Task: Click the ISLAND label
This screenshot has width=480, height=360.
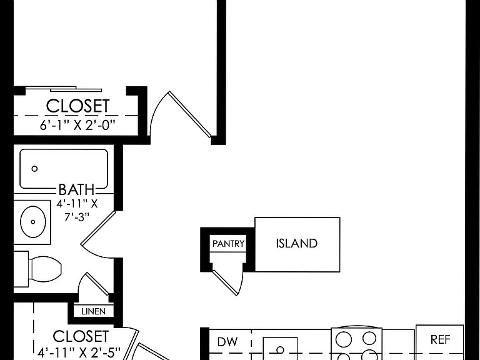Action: [x=297, y=243]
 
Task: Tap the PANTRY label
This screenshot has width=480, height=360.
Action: [x=228, y=244]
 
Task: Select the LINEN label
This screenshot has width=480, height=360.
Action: [x=93, y=311]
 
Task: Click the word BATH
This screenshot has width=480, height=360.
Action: [x=76, y=189]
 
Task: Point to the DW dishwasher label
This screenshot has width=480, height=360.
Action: [x=227, y=342]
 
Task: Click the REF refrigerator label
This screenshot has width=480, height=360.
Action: [x=440, y=339]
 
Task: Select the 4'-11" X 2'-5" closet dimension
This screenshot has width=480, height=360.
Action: [x=79, y=352]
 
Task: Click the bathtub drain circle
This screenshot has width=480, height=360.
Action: [x=34, y=168]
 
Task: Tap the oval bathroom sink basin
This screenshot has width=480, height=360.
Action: [x=33, y=222]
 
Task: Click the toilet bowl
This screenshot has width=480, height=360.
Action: [x=45, y=269]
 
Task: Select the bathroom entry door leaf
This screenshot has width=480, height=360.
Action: [x=98, y=227]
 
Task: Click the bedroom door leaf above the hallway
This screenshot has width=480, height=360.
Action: [x=189, y=114]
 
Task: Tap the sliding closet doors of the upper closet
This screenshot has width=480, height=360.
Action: [x=63, y=89]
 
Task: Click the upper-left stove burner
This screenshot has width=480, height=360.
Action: [x=344, y=339]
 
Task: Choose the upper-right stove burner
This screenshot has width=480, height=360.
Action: [x=369, y=338]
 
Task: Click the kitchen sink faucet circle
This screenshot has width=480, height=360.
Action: [x=280, y=349]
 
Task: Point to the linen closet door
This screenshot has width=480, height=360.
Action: [x=97, y=284]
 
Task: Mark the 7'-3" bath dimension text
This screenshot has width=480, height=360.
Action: [x=76, y=217]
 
